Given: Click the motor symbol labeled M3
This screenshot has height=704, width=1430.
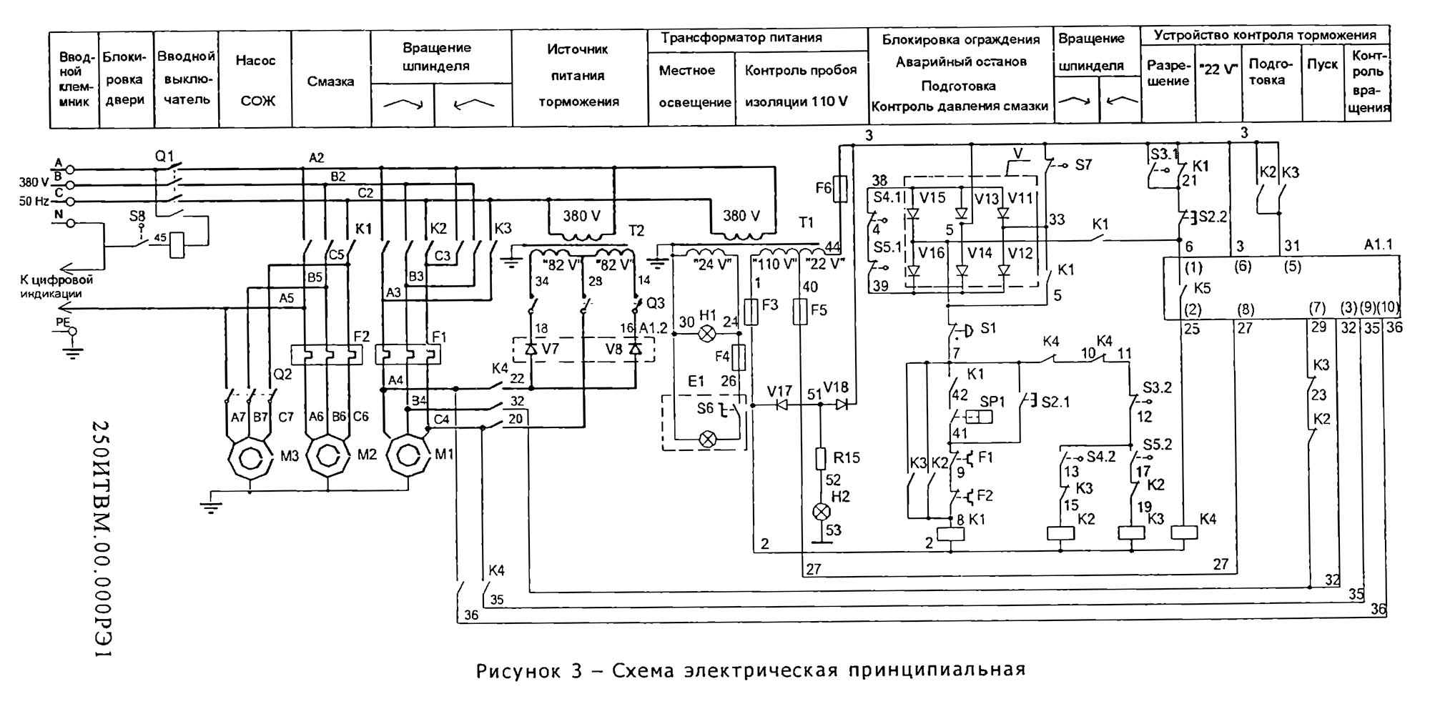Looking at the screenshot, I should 250,455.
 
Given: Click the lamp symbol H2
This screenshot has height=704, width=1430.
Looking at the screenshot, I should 822,512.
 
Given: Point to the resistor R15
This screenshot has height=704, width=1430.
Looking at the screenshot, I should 822,458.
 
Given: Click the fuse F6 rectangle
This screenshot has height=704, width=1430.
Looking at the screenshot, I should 842,189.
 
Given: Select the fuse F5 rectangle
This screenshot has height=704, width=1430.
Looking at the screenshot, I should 801,312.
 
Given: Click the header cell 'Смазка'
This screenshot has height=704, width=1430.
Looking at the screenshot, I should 330,81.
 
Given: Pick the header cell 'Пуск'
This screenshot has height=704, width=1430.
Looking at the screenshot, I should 1322,64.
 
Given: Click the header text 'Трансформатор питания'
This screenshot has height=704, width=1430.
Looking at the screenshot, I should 741,38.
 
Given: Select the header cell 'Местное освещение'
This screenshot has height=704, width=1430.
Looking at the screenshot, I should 687,86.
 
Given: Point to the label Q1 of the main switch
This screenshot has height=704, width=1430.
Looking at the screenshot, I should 164,155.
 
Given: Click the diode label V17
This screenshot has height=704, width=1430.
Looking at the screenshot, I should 779,391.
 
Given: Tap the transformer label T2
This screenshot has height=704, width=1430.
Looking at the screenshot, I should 636,230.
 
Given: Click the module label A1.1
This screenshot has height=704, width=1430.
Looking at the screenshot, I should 1378,244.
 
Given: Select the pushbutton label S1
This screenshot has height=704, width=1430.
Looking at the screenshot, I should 987,328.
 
